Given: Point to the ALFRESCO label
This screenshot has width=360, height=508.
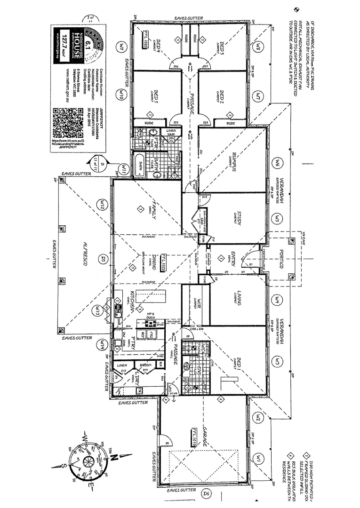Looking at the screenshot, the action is [x=86, y=256].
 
